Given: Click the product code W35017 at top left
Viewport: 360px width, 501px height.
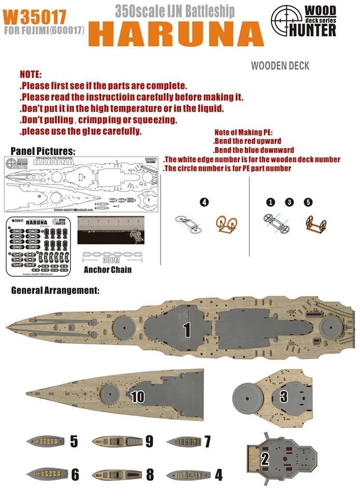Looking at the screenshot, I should click(23, 16).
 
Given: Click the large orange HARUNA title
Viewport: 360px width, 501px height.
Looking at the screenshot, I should click(172, 34).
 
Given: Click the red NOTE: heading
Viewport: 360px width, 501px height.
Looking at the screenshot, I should click(31, 75).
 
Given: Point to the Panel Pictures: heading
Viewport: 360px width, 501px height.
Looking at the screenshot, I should click(42, 151).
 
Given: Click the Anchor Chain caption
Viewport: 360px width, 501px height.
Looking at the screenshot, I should click(107, 269).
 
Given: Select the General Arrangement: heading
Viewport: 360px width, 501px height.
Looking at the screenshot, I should click(55, 290).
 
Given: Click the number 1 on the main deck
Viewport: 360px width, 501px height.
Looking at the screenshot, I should click(186, 328).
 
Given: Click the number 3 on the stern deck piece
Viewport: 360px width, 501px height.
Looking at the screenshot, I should click(283, 397).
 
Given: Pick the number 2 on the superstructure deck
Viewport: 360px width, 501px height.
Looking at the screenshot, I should click(265, 458).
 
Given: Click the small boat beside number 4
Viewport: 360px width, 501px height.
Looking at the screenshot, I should click(189, 474).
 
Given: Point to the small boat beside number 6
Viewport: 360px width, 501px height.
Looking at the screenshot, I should click(48, 474).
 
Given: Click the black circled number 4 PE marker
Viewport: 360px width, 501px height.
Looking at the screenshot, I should click(205, 202).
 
